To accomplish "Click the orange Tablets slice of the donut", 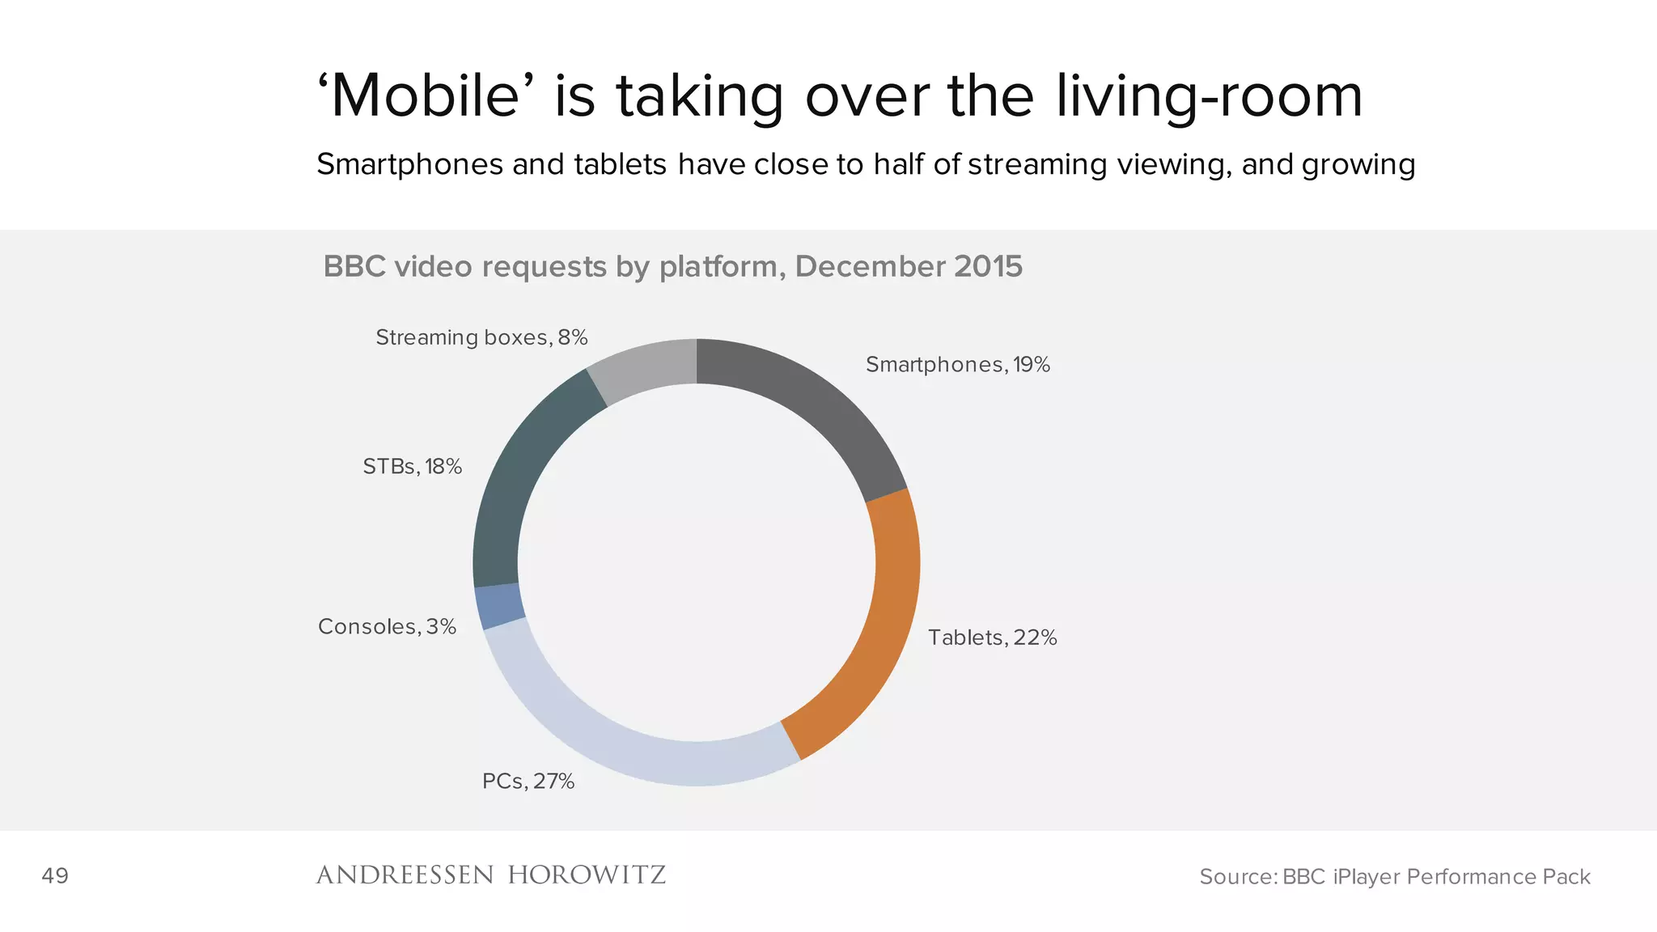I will coord(878,639).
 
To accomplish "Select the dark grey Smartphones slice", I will coord(817,405).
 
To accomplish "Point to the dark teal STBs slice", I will coord(518,477).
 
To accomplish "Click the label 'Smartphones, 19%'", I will coord(957,365).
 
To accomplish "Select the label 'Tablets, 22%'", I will coord(992,638).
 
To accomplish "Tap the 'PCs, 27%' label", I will coord(528,782).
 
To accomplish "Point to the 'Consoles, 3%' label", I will coord(387,627).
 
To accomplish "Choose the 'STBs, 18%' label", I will coord(412,467).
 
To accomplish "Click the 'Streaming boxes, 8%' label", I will coord(481,337).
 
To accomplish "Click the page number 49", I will coord(55,876).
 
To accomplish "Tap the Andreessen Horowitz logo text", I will coord(490,875).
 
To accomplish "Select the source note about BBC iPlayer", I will coord(1394,877).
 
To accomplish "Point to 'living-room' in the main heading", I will coord(1209,96).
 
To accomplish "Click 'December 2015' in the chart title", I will coord(909,267).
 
